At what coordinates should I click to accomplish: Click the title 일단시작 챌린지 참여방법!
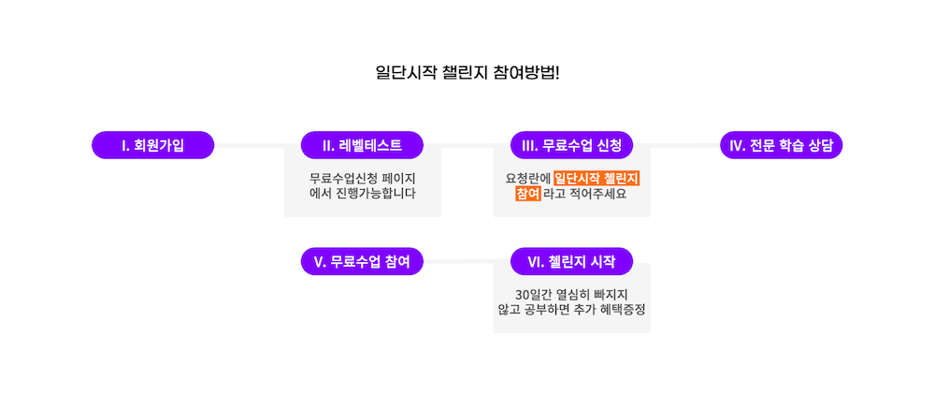pos(467,72)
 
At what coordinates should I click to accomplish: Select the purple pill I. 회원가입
pos(152,145)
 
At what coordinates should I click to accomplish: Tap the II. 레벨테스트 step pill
pos(362,145)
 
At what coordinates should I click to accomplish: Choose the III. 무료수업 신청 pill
pos(571,145)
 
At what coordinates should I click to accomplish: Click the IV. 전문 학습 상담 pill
pos(781,145)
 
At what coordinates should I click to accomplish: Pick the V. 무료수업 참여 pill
pos(362,261)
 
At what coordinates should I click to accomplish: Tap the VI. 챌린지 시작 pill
pos(571,261)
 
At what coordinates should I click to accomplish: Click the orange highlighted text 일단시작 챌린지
pos(602,178)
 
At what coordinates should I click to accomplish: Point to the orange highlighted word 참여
pos(527,194)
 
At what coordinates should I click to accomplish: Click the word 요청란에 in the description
pos(527,178)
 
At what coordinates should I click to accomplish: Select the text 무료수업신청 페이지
pos(362,178)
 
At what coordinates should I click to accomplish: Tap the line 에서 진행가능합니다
pos(362,194)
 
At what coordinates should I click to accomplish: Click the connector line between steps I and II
pos(257,145)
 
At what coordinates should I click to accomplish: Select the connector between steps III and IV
pos(676,145)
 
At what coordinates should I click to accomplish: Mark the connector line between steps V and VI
pos(467,261)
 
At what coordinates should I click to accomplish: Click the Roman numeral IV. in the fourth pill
pos(737,145)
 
